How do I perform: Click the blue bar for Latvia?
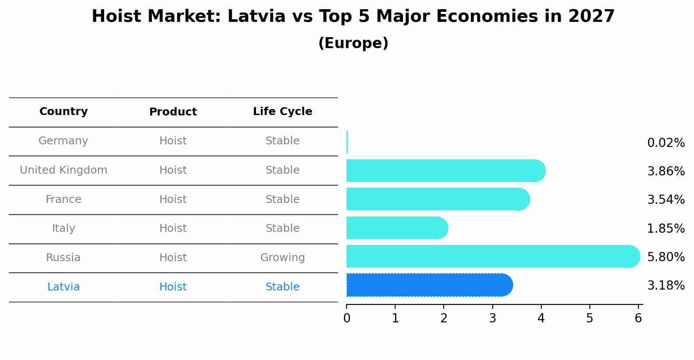point(429,285)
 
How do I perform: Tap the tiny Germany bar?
point(347,142)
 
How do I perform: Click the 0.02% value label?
point(666,143)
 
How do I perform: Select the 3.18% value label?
point(666,286)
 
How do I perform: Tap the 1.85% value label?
point(666,228)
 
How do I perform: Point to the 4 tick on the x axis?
point(541,318)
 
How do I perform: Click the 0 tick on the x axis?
point(347,318)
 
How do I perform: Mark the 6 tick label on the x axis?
point(638,318)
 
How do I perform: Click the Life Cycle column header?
point(282,112)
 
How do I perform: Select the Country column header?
point(63,112)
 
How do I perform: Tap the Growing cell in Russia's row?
point(282,258)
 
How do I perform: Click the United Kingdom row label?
point(63,170)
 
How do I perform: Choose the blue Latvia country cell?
point(63,287)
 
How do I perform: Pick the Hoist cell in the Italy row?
point(173,228)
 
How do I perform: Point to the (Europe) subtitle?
point(353,43)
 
